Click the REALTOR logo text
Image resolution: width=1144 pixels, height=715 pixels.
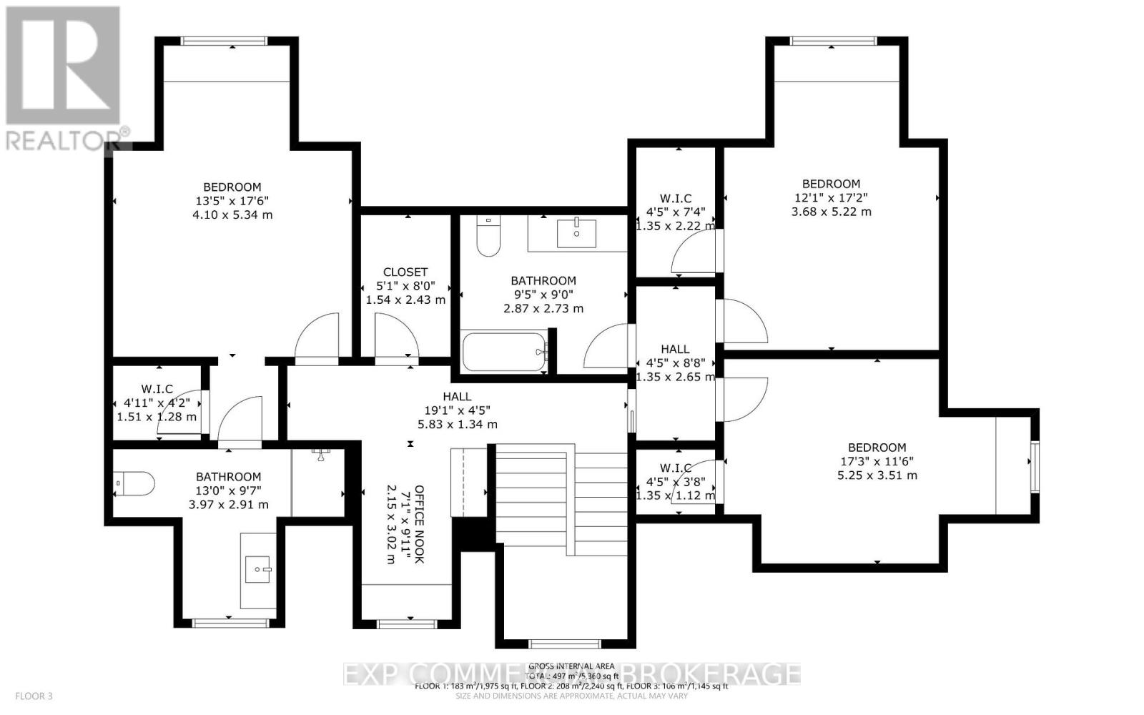[x=64, y=139]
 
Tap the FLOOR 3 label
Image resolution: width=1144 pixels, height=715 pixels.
[x=34, y=696]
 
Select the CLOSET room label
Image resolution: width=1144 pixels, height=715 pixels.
[x=405, y=272]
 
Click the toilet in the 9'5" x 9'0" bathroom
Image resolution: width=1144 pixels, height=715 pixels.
[x=488, y=237]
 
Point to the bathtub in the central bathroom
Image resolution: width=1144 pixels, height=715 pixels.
[x=504, y=352]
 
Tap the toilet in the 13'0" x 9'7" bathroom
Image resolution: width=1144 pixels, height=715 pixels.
[x=136, y=484]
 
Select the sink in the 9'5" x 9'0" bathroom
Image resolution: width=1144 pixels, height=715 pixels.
[x=576, y=232]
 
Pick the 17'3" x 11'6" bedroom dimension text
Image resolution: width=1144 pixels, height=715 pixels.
[x=877, y=461]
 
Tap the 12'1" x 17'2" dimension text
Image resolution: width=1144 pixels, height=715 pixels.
[x=831, y=197]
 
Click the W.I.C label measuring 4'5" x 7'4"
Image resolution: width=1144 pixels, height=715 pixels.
[x=675, y=198]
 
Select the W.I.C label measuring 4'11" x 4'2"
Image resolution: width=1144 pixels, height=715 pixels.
[x=157, y=389]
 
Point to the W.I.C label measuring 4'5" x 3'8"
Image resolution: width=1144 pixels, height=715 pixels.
[x=675, y=468]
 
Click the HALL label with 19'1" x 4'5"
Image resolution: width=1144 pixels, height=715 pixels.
[x=457, y=396]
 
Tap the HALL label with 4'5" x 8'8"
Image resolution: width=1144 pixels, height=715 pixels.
[x=675, y=349]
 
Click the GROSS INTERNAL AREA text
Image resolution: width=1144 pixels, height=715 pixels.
[x=571, y=666]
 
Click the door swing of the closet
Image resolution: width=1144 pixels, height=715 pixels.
[x=398, y=340]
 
